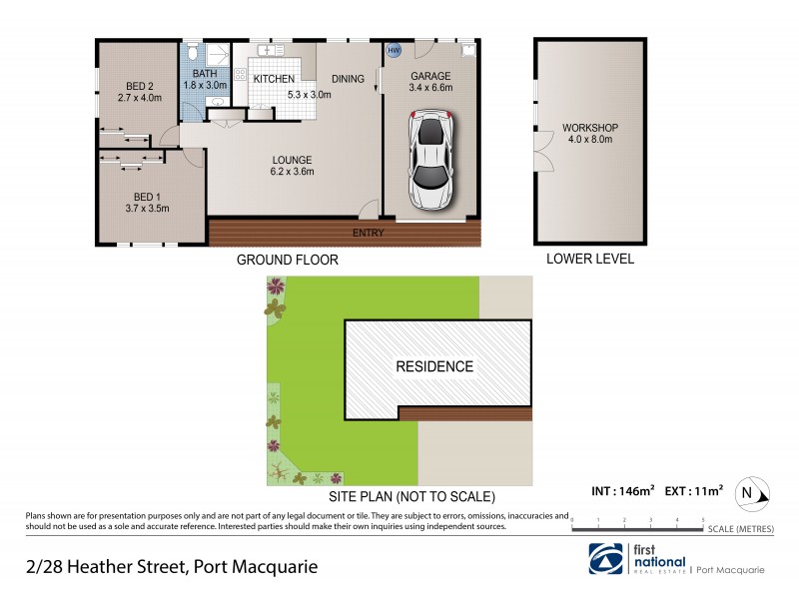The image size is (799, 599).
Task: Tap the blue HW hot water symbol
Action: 394,50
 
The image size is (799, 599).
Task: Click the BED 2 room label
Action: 139,85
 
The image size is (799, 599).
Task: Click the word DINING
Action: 347,78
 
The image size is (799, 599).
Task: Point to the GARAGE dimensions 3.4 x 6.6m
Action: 431,88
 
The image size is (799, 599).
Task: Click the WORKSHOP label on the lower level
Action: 590,128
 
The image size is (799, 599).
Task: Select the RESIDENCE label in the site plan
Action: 434,366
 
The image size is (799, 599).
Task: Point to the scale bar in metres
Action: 638,522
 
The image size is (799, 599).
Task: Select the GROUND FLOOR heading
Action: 287,260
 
